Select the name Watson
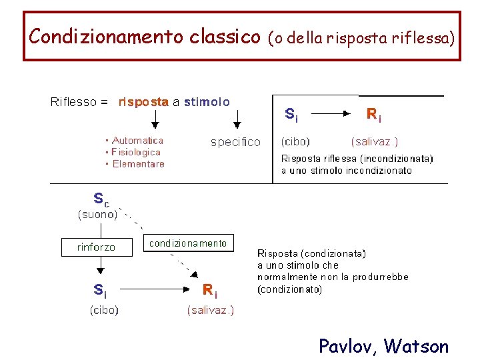click(417, 346)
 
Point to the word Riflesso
click(74, 102)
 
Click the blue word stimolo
click(207, 102)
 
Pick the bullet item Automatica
click(137, 141)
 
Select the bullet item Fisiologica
click(136, 152)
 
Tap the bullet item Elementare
click(138, 164)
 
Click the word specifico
click(235, 142)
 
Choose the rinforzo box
click(96, 247)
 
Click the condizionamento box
click(188, 243)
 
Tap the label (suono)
click(98, 214)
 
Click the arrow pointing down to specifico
click(237, 119)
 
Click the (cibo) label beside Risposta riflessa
click(295, 141)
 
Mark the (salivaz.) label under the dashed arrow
click(211, 310)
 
